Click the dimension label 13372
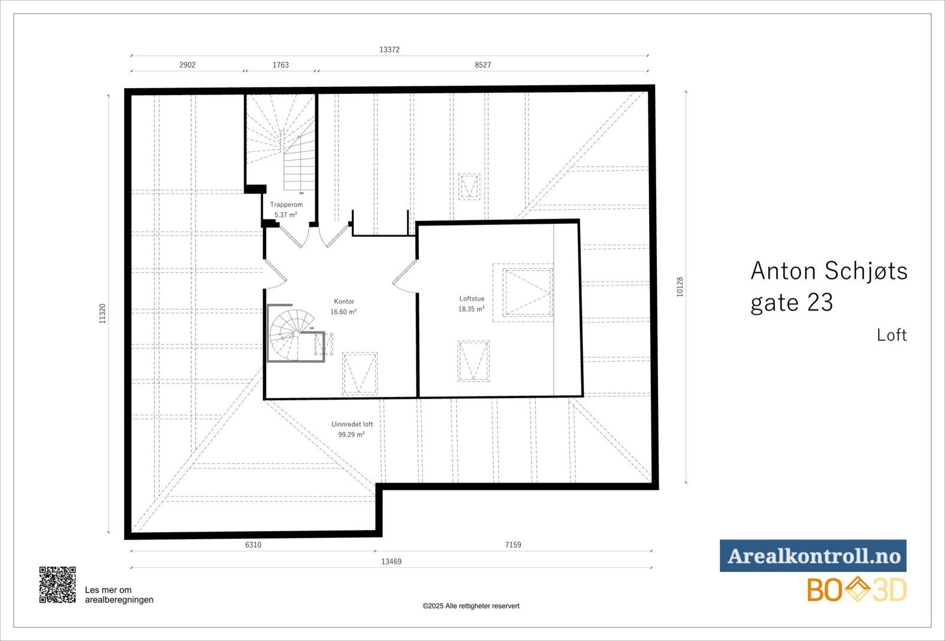point(389,50)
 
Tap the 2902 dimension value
point(187,65)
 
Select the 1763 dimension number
point(281,65)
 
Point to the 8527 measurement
point(483,65)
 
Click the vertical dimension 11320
point(103,313)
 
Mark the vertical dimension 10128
point(680,287)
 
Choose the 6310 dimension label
point(253,545)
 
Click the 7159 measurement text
point(513,545)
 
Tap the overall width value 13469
point(391,561)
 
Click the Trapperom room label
point(286,204)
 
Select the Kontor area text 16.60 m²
point(343,312)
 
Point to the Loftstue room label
point(472,298)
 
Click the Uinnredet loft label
point(352,424)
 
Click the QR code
point(57,585)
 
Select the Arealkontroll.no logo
point(813,556)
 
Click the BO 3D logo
point(856,590)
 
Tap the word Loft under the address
point(891,335)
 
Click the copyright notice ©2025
point(471,606)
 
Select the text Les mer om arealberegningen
point(119,594)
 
